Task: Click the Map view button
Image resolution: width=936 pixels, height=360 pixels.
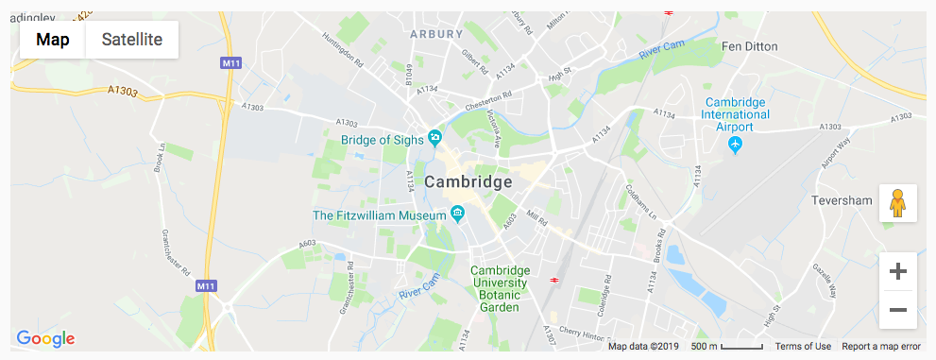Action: click(53, 40)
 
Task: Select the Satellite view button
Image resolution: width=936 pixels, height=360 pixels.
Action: click(132, 40)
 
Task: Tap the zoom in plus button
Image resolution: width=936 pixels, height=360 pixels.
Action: click(898, 272)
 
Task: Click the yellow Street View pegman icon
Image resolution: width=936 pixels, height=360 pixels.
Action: click(898, 203)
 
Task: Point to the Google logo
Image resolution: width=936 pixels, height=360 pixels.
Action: click(45, 338)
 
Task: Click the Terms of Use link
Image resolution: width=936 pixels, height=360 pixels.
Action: click(803, 347)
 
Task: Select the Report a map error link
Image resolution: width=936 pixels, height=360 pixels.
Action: click(880, 347)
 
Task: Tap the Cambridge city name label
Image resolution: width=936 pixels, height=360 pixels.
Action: click(468, 181)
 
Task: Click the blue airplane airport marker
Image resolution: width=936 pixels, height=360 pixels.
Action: click(737, 145)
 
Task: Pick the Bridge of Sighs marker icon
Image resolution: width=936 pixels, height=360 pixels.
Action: click(434, 138)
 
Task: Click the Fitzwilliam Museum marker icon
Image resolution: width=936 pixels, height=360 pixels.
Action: click(458, 214)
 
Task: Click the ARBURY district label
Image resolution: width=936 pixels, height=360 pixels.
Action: click(436, 33)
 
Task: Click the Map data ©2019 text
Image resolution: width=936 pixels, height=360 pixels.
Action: click(642, 347)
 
